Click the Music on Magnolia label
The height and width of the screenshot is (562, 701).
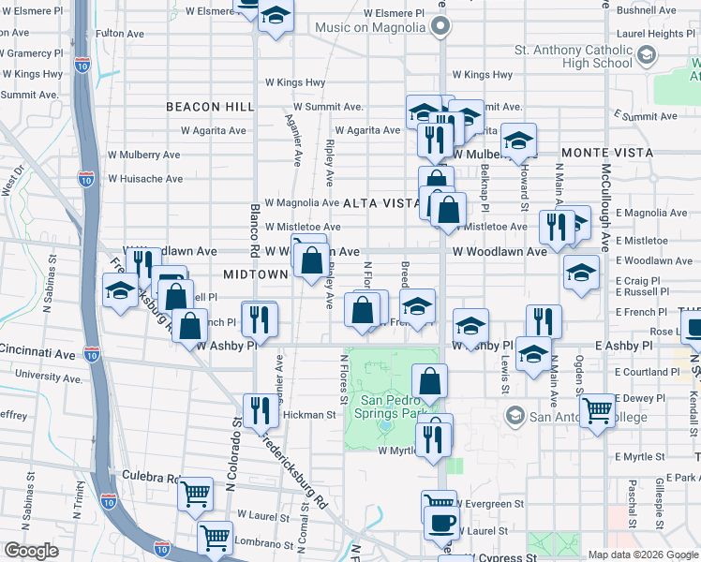click(x=370, y=28)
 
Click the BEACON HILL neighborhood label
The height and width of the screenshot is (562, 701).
click(x=211, y=107)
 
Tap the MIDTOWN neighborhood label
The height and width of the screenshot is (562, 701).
click(x=256, y=274)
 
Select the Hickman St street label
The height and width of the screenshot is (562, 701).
click(x=308, y=414)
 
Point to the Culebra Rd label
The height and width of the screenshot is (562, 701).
click(x=150, y=477)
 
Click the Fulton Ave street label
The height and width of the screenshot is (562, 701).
click(x=120, y=33)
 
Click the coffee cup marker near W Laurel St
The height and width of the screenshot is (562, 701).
click(x=441, y=523)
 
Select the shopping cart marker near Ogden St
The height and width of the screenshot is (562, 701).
click(x=597, y=408)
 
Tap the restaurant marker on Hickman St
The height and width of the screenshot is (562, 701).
click(x=260, y=409)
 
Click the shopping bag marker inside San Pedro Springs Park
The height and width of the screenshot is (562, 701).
click(x=429, y=380)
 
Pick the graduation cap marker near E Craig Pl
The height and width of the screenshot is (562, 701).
click(x=581, y=272)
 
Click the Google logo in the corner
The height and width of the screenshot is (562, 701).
click(x=31, y=551)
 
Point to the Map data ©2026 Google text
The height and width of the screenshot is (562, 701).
click(x=643, y=555)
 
